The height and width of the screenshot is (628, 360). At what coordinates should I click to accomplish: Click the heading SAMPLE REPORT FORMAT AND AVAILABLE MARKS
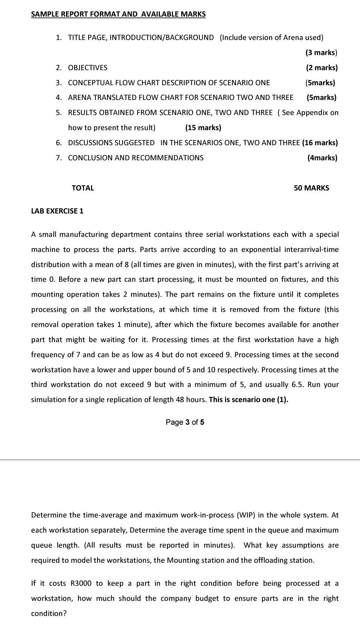point(118,14)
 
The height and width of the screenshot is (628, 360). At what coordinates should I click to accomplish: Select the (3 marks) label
point(321,52)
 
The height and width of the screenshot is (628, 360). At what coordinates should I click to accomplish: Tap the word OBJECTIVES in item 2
point(87,68)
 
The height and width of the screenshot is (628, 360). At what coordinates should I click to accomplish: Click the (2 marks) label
point(322,68)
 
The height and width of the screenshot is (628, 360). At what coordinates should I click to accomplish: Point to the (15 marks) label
point(203,127)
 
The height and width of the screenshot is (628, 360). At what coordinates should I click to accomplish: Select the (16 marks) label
point(320,143)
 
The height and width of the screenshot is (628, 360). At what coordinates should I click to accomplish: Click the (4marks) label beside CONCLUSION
point(322,158)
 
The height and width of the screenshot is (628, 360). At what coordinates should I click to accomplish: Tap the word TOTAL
point(83,188)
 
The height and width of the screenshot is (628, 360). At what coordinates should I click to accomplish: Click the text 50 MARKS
point(311,188)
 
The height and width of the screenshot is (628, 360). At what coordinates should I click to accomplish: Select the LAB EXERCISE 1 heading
point(57,211)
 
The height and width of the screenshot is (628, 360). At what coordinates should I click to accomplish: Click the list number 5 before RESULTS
point(58,112)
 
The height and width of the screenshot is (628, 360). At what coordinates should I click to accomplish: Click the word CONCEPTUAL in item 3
point(89,83)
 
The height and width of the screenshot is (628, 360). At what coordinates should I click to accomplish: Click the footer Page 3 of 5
point(185,422)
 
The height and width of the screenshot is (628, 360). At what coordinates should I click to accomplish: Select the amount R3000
point(81,583)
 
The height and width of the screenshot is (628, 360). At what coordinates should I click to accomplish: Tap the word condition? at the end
point(49,613)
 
